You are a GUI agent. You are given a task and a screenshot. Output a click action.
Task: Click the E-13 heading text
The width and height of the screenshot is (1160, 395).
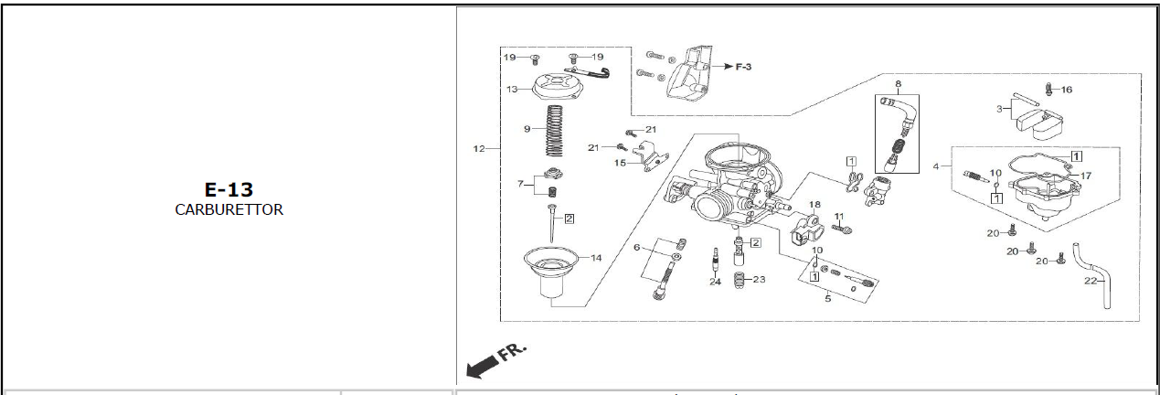(x=229, y=189)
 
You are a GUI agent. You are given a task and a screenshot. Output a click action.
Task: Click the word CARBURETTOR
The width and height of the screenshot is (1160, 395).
(x=229, y=209)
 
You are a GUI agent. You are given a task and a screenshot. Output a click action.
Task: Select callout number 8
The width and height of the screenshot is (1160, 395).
(x=898, y=85)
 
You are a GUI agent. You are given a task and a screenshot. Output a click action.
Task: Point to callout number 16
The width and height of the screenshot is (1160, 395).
(x=1066, y=90)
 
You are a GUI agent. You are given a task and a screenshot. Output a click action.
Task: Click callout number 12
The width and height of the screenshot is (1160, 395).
(x=479, y=148)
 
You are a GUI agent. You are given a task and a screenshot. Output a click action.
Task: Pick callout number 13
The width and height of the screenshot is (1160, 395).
(x=512, y=90)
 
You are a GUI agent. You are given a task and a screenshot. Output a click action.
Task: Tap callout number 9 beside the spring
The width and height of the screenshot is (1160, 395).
(x=527, y=129)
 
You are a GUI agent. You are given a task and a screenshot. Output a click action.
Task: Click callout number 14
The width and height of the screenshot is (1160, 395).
(x=596, y=258)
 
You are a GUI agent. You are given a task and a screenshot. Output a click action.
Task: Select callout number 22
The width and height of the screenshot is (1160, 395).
(x=1090, y=281)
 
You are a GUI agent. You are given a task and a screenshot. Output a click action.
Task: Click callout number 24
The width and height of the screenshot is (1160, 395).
(x=715, y=282)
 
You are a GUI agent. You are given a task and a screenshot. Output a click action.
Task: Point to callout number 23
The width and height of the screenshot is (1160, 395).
(x=759, y=279)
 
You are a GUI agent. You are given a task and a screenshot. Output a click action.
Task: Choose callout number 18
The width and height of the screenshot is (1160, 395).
(x=814, y=205)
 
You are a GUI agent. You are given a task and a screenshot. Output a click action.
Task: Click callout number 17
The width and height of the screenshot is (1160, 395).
(x=1086, y=176)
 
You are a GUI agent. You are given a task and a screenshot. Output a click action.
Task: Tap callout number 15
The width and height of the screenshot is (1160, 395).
(x=620, y=164)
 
